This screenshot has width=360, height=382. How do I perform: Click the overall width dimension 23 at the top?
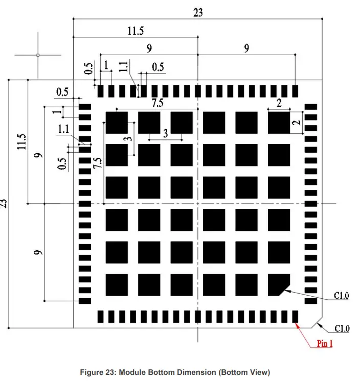coord(198,13)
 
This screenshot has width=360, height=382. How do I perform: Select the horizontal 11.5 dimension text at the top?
coord(135,31)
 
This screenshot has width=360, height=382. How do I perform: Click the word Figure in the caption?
coord(91,372)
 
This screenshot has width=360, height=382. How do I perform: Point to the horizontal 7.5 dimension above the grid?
coord(157,103)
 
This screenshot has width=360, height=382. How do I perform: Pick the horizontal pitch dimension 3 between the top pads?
coord(165,133)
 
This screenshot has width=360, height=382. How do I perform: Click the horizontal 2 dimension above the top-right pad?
coord(279,103)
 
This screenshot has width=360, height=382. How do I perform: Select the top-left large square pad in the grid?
coord(117,123)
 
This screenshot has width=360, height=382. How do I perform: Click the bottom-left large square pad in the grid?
coord(117,284)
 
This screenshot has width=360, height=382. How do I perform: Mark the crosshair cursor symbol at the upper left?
coord(38,54)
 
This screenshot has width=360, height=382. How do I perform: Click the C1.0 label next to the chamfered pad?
coord(342,295)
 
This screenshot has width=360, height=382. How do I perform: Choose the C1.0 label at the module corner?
coord(342,328)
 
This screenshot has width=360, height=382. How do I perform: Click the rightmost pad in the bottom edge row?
coord(295,316)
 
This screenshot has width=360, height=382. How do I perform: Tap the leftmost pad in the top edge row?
coord(101,91)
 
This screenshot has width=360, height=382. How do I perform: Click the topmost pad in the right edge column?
coord(310,107)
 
